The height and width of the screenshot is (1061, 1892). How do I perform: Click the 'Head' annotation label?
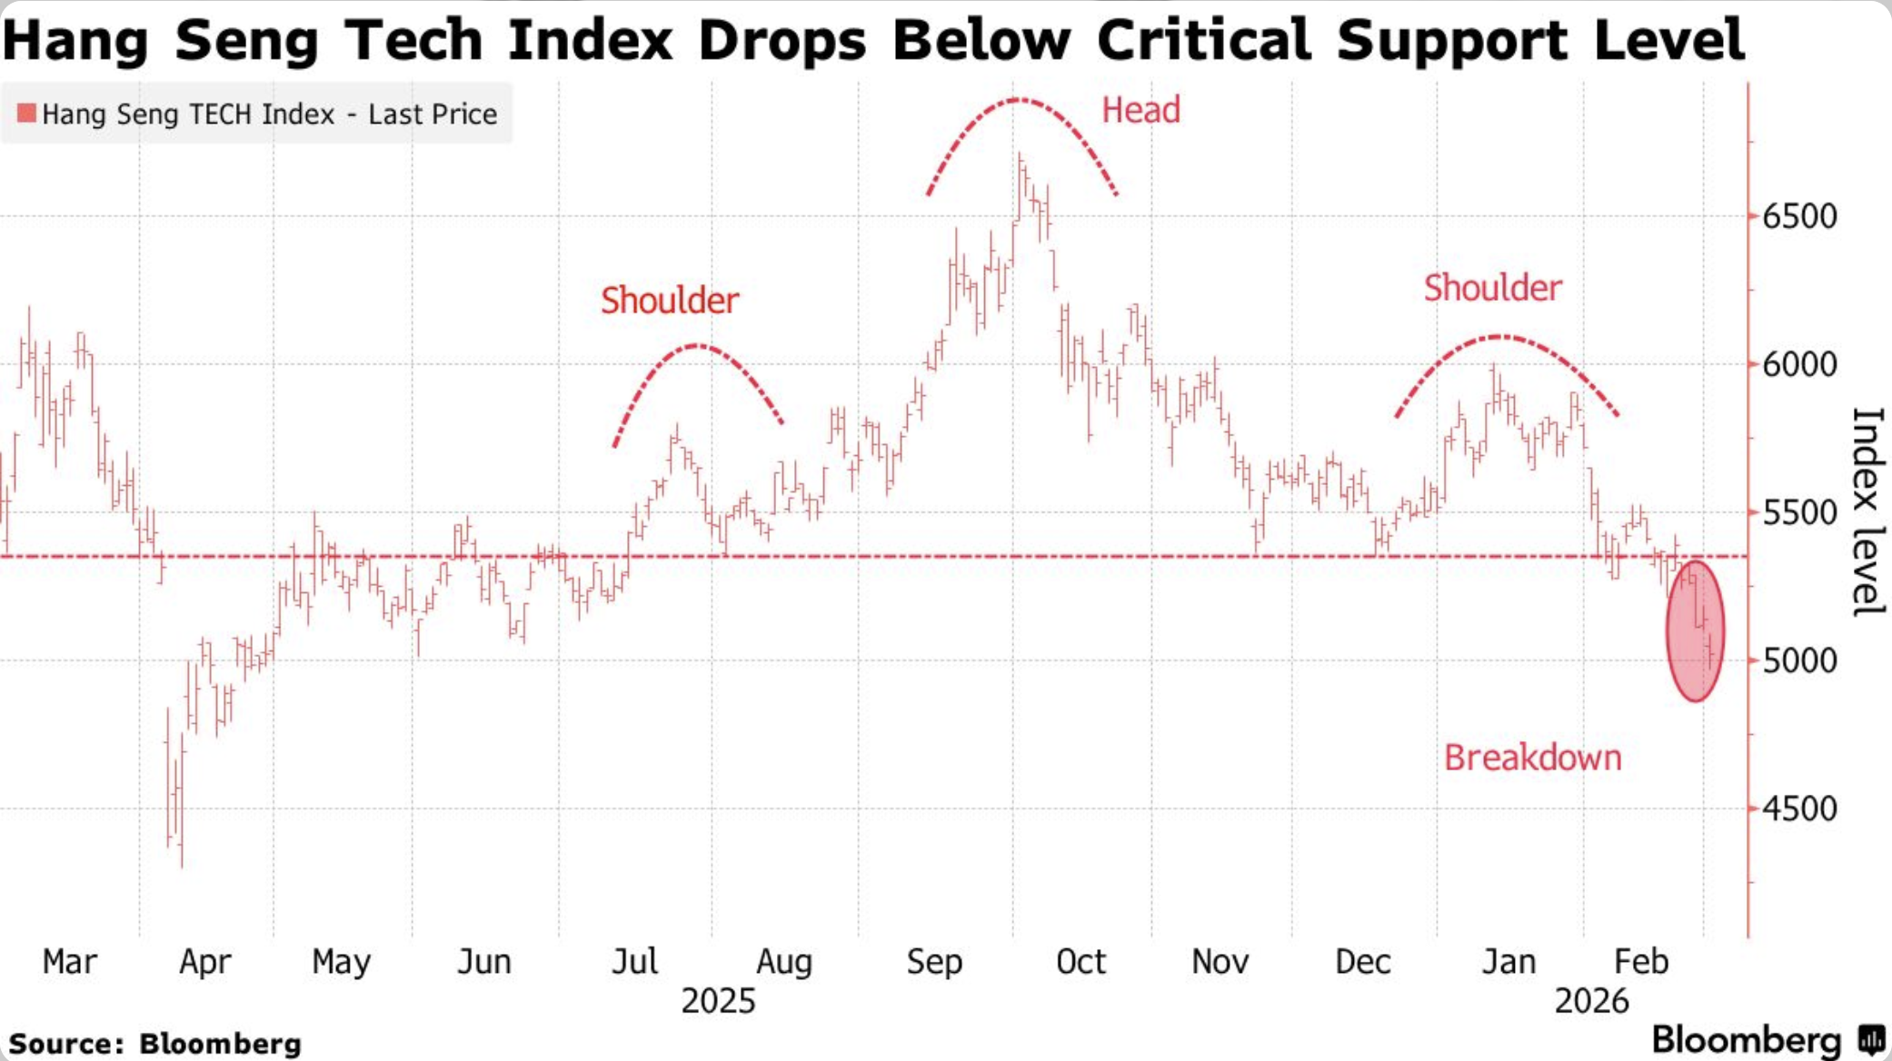(x=1140, y=111)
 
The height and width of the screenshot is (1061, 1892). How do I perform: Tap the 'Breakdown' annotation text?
(x=1532, y=758)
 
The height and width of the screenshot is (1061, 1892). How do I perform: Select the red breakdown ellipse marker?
(x=1695, y=631)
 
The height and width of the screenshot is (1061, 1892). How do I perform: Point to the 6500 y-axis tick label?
(x=1799, y=217)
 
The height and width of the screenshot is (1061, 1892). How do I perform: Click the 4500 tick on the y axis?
(x=1799, y=808)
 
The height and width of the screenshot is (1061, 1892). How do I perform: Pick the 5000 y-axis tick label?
(x=1799, y=660)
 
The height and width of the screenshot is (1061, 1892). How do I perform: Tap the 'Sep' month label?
(x=933, y=961)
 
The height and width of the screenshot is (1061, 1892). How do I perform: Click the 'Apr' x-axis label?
(x=204, y=961)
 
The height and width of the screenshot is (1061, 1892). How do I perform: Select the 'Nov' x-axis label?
(x=1220, y=961)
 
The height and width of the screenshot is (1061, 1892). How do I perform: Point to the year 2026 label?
(x=1591, y=1001)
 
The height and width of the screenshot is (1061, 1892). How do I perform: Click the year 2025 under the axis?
(x=718, y=1001)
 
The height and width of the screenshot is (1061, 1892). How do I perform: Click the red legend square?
(x=26, y=114)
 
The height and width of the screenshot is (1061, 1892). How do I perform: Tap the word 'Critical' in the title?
(x=1205, y=40)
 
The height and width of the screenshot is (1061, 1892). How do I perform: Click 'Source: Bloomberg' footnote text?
(x=154, y=1044)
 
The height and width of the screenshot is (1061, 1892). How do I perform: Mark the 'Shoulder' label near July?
(x=670, y=301)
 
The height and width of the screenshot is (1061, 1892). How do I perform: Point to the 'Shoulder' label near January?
(x=1492, y=288)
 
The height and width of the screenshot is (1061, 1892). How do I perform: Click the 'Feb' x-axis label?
(x=1641, y=961)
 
